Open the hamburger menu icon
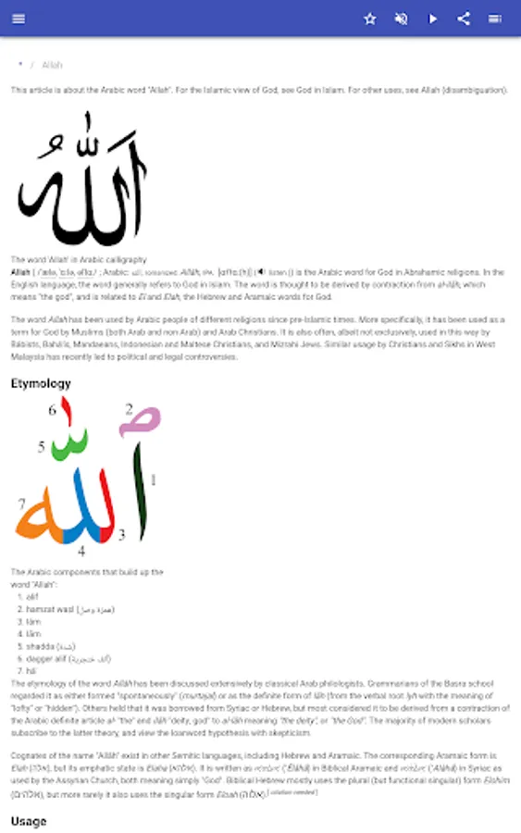point(19,19)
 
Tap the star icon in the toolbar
point(370,19)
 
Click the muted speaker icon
point(401,19)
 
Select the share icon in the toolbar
point(464,19)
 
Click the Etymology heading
point(41,382)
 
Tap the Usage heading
point(28,821)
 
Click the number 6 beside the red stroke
point(53,410)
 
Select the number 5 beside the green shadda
point(42,447)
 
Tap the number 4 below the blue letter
point(81,551)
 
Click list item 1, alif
point(32,596)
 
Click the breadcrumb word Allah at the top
point(52,65)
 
